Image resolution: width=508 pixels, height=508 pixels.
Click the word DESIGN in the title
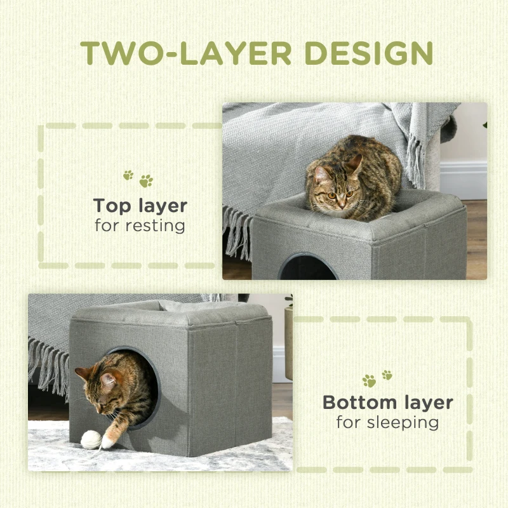(x=369, y=53)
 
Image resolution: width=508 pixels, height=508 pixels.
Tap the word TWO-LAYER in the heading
(x=186, y=53)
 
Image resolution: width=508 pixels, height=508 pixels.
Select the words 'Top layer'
(x=140, y=206)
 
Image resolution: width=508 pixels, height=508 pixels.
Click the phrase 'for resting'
(x=140, y=225)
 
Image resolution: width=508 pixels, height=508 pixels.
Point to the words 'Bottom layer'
(x=388, y=403)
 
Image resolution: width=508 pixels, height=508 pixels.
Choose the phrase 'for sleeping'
(x=387, y=422)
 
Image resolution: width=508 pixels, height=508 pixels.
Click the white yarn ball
(x=91, y=439)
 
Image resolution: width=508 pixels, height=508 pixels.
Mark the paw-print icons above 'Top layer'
(x=138, y=179)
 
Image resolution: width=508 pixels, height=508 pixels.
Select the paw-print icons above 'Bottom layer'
(x=377, y=378)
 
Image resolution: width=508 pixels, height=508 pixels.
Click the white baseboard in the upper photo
(x=464, y=180)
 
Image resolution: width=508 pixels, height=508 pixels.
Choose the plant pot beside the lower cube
(x=288, y=343)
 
